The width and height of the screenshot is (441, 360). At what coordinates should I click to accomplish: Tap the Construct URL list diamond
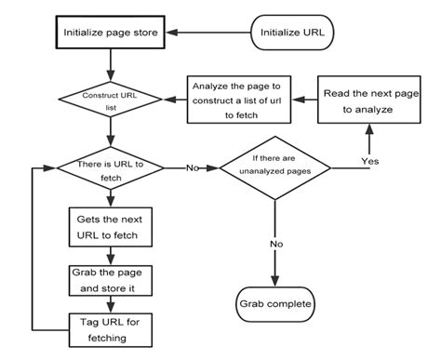point(111,98)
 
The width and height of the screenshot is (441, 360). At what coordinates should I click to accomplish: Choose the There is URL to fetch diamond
point(111,168)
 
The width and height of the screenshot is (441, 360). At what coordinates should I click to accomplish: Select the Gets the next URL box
point(111,228)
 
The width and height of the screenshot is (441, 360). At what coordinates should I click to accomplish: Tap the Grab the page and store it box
point(111,281)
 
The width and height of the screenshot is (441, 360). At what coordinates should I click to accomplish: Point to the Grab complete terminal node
point(274,304)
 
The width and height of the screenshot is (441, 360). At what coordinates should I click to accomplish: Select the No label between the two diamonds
point(193,168)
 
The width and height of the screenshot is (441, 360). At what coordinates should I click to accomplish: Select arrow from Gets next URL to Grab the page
point(111,256)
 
